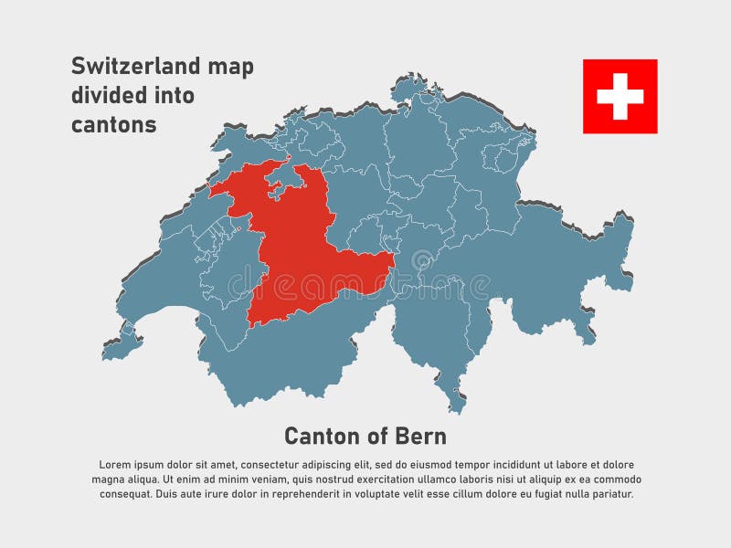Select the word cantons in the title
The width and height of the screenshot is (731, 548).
(113, 125)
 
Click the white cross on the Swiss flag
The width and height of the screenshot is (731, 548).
(620, 96)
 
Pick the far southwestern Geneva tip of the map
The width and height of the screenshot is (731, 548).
(114, 347)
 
